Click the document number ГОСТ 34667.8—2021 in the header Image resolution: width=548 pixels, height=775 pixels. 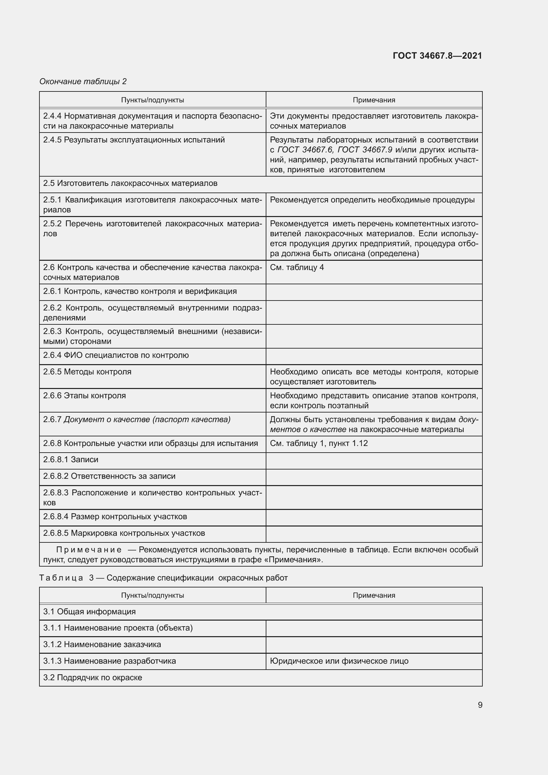(x=437, y=56)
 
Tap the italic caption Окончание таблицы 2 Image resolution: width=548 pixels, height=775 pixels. (x=83, y=82)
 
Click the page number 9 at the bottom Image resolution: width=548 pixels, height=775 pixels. (x=480, y=705)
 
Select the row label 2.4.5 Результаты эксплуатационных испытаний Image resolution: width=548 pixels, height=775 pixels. (x=134, y=140)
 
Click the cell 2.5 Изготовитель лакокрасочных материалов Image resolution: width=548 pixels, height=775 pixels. (x=130, y=183)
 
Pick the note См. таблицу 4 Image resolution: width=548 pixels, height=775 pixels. (x=297, y=267)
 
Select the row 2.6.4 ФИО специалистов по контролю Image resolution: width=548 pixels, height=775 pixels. (x=116, y=355)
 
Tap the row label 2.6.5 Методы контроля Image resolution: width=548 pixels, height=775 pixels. (x=87, y=372)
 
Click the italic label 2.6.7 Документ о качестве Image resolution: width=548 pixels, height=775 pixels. (x=137, y=419)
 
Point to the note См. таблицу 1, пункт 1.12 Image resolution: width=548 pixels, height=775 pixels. (x=318, y=443)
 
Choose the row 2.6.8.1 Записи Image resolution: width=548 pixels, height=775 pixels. (x=71, y=459)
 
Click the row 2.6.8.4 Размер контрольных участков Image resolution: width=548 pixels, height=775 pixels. (x=115, y=517)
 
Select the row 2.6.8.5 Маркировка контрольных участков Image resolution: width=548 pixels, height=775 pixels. (x=124, y=533)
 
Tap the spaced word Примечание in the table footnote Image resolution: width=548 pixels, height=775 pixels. (x=89, y=549)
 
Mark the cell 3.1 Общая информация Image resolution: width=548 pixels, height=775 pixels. (x=89, y=611)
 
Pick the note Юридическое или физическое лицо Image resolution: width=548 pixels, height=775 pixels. (x=339, y=661)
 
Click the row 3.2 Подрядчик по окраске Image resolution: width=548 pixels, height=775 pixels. (x=92, y=677)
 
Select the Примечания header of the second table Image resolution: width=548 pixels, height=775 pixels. (x=373, y=595)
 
